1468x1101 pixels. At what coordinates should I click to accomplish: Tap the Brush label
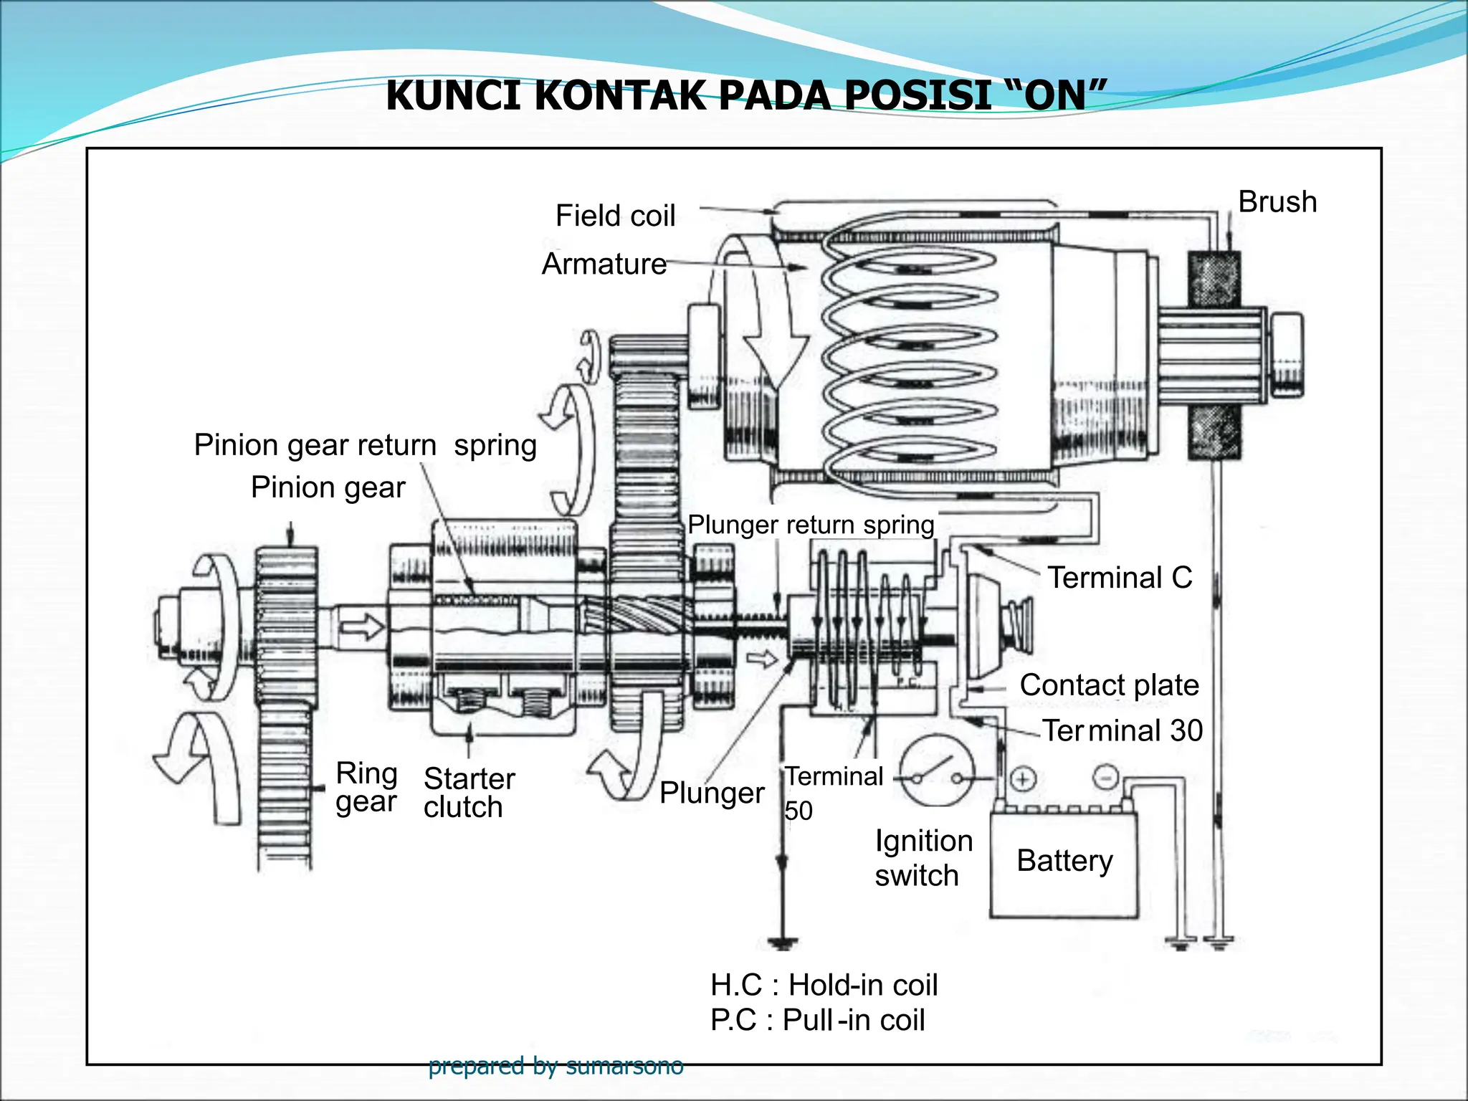pyautogui.click(x=1277, y=202)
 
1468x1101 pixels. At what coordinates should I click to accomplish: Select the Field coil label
pyautogui.click(x=615, y=216)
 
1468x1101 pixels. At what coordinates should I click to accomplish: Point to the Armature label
pyautogui.click(x=604, y=264)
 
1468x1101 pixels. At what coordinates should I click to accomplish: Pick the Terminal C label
pyautogui.click(x=1120, y=578)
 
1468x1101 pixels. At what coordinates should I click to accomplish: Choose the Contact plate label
pyautogui.click(x=1109, y=685)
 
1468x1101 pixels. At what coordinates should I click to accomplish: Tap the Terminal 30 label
pyautogui.click(x=1122, y=730)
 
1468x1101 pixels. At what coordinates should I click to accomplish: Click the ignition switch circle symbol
pyautogui.click(x=937, y=771)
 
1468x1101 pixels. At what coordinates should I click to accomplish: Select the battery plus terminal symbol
pyautogui.click(x=1023, y=778)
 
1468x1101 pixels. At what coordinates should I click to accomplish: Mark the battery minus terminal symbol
pyautogui.click(x=1106, y=776)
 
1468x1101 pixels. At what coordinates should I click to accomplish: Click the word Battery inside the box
pyautogui.click(x=1064, y=860)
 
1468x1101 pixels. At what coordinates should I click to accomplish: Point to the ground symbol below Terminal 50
pyautogui.click(x=782, y=942)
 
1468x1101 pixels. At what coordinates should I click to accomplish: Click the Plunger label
pyautogui.click(x=712, y=793)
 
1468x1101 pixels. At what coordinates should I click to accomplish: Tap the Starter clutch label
pyautogui.click(x=469, y=793)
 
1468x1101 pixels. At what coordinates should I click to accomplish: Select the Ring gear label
pyautogui.click(x=366, y=787)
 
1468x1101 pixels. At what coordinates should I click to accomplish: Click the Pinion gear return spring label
pyautogui.click(x=365, y=445)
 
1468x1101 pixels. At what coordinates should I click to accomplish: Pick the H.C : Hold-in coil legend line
pyautogui.click(x=824, y=985)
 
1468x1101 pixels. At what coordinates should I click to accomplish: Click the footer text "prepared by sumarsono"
pyautogui.click(x=556, y=1066)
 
